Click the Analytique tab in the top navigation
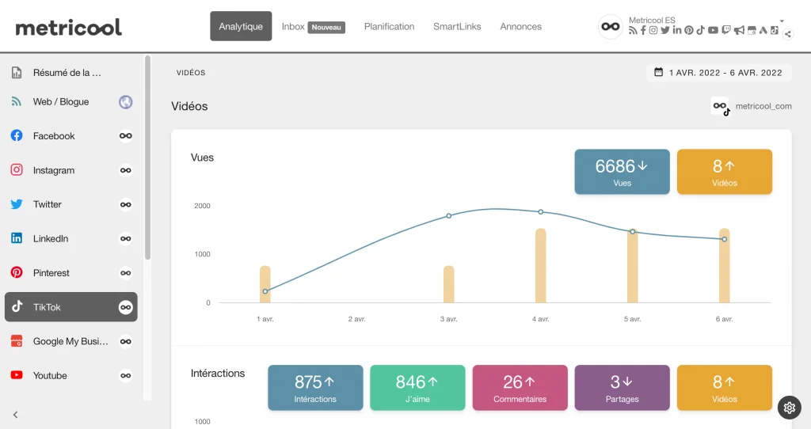click(241, 26)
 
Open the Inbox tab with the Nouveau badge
click(313, 26)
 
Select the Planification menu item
click(389, 26)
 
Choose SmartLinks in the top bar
click(457, 26)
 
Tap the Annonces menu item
click(520, 26)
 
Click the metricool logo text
click(69, 27)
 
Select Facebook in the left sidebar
click(54, 136)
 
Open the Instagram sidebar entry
click(54, 170)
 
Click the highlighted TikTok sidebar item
click(70, 307)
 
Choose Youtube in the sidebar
click(50, 376)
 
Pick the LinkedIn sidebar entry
click(51, 239)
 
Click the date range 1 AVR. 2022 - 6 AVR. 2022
click(718, 73)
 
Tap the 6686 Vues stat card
click(622, 172)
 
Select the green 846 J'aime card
click(417, 388)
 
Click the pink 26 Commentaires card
click(520, 388)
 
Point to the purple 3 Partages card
click(622, 388)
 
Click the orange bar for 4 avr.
click(541, 266)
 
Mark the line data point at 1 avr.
click(265, 291)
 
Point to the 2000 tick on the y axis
click(202, 206)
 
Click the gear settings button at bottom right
click(789, 408)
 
